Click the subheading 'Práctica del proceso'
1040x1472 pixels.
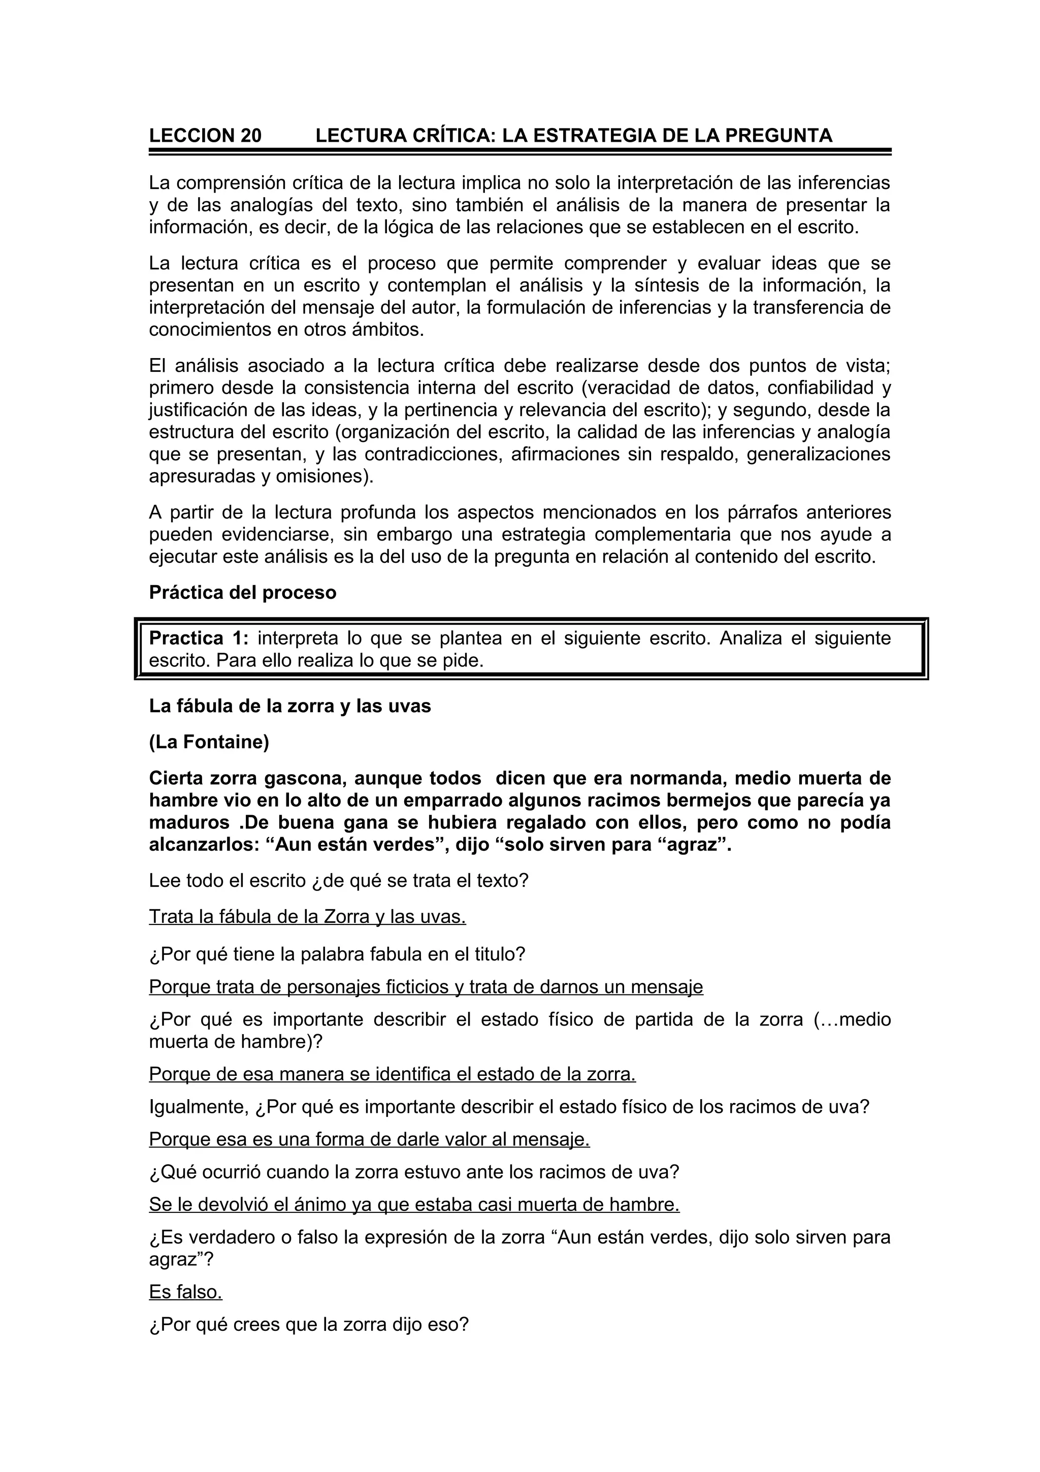(242, 592)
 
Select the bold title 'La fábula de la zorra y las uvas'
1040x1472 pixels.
(289, 706)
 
